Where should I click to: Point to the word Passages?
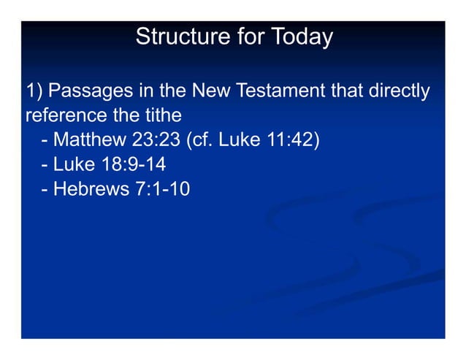pyautogui.click(x=91, y=91)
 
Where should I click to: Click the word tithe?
pyautogui.click(x=161, y=115)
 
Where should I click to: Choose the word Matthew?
pyautogui.click(x=89, y=139)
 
